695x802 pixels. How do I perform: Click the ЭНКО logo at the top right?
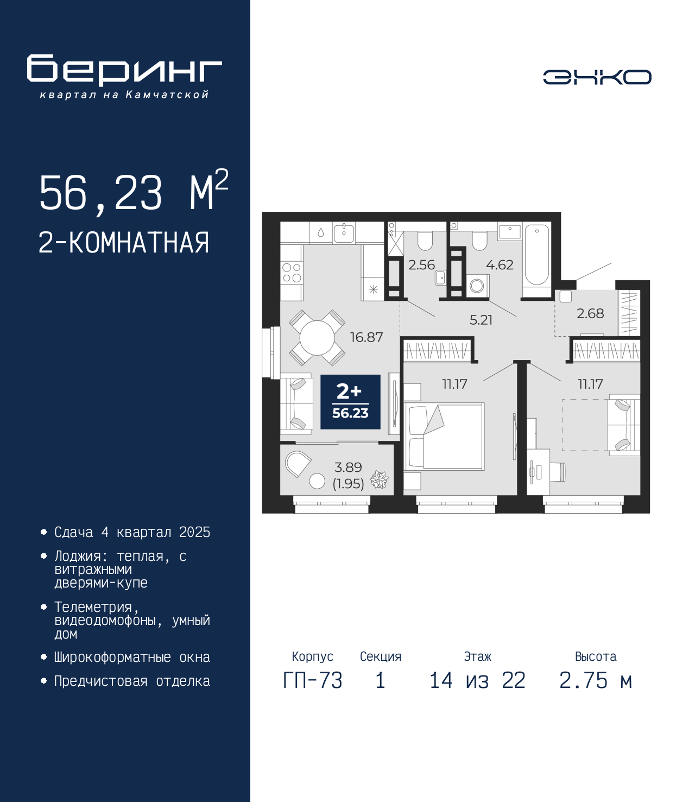597,77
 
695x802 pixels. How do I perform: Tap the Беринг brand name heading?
124,70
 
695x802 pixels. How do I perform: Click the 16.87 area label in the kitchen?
367,337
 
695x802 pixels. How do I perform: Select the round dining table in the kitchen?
317,338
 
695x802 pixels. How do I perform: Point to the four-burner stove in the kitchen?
292,273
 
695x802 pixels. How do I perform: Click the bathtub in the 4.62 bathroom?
536,256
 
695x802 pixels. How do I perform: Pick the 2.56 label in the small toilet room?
421,265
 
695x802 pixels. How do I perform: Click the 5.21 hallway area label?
481,320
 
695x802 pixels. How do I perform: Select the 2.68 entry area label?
590,313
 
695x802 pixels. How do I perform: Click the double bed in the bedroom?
444,436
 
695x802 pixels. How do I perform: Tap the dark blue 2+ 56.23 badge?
350,402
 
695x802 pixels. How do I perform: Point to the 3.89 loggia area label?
348,467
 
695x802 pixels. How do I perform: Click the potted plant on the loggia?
379,479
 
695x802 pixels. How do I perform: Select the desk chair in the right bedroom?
558,471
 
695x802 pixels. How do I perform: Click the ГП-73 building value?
312,680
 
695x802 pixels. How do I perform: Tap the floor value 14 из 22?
477,680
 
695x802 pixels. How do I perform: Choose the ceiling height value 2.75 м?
596,680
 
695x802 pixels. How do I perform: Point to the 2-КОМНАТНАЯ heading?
124,243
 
